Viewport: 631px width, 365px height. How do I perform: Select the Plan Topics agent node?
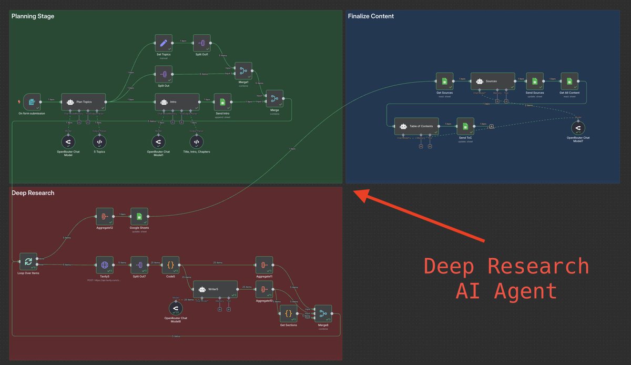click(84, 102)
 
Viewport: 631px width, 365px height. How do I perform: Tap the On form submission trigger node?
click(32, 102)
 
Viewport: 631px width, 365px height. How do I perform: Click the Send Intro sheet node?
click(222, 102)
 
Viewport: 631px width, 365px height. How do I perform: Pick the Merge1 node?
click(243, 71)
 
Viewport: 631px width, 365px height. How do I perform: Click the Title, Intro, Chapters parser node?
click(196, 142)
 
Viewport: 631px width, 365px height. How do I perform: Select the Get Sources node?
click(444, 81)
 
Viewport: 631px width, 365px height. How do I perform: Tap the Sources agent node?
click(492, 81)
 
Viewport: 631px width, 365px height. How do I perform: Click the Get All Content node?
click(569, 81)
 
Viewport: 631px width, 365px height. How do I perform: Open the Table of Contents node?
click(416, 126)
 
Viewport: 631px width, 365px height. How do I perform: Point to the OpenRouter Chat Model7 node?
click(578, 128)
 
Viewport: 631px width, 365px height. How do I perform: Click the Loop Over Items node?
click(28, 261)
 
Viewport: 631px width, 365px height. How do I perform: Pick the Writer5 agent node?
click(215, 289)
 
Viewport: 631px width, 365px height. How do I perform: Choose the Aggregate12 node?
click(105, 216)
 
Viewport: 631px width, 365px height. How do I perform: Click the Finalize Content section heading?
click(371, 16)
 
